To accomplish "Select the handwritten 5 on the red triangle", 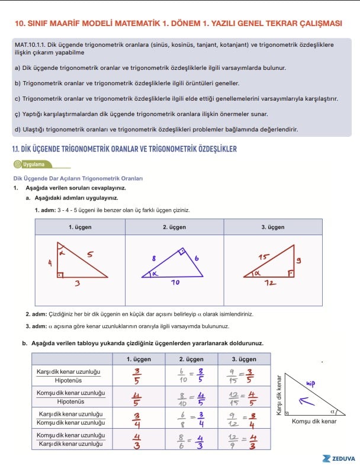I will pos(89,255).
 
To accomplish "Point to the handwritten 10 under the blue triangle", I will pos(175,283).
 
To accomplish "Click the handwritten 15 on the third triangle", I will pos(263,258).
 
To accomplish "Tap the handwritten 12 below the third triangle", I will pos(271,283).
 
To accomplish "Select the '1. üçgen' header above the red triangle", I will pos(79,227).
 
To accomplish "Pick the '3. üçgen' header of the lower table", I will pos(243,359).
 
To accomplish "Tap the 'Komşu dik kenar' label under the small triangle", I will pos(314,421).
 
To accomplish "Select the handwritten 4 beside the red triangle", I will pos(50,261).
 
